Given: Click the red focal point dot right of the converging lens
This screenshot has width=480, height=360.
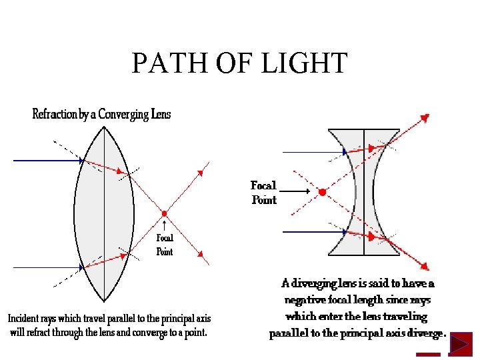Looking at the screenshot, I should (x=164, y=213).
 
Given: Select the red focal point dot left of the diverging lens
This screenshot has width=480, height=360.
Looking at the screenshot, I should (x=322, y=192).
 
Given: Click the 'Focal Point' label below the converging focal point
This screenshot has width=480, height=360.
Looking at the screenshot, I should (x=165, y=245).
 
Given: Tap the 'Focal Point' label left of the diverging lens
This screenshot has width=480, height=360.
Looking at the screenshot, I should (x=263, y=192).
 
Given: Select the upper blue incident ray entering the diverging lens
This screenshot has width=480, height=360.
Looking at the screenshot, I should (x=313, y=153).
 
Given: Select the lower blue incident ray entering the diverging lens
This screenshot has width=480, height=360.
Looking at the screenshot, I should (x=313, y=232).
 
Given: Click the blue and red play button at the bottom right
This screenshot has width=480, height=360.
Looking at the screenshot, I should (x=460, y=344).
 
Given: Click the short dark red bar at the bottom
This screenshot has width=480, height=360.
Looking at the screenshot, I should (x=428, y=354).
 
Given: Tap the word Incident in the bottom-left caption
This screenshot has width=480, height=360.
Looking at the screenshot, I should (x=27, y=318).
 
